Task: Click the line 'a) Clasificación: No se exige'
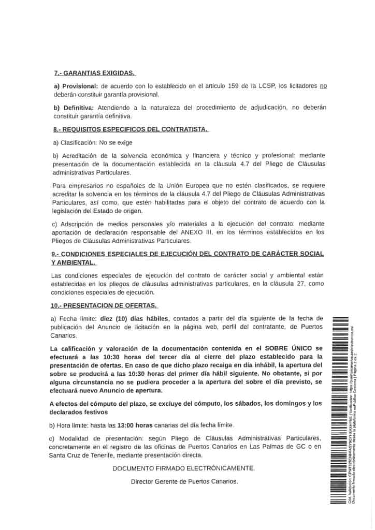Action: (x=92, y=142)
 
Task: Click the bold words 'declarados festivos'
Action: (x=79, y=412)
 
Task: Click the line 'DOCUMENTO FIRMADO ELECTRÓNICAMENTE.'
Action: (x=184, y=468)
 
